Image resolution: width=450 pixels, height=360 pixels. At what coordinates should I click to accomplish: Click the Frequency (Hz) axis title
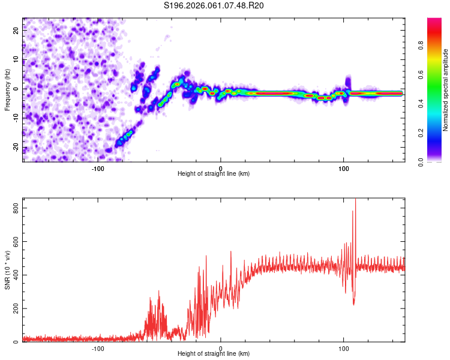(7, 90)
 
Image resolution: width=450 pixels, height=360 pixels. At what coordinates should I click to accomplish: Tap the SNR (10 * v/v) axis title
(7, 269)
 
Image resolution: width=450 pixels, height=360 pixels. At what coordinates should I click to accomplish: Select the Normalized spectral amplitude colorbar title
(446, 91)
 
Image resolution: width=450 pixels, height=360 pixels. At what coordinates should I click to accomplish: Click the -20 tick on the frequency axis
(15, 148)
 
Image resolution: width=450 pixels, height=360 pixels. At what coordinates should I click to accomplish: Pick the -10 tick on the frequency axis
(15, 118)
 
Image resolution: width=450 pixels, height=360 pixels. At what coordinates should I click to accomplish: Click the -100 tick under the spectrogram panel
(98, 167)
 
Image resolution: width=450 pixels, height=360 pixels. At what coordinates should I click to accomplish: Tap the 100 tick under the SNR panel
(344, 348)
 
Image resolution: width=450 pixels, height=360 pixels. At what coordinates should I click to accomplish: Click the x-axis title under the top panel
(214, 173)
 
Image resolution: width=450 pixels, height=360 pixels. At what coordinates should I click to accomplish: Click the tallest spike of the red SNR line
(355, 200)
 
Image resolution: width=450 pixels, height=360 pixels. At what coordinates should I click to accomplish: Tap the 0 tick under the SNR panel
(221, 348)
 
